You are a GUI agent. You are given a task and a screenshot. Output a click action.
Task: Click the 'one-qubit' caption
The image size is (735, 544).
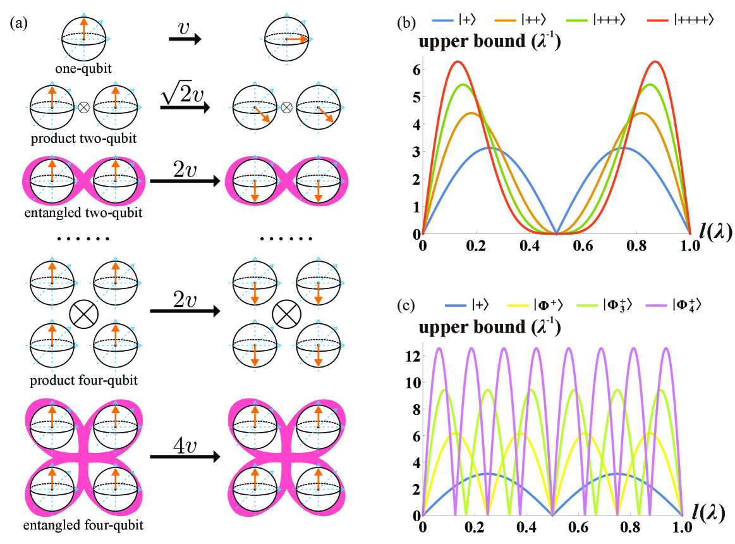click(83, 67)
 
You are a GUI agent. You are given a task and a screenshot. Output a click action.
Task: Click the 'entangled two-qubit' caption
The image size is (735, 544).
click(85, 213)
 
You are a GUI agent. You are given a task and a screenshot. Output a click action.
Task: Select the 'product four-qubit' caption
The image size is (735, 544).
click(85, 381)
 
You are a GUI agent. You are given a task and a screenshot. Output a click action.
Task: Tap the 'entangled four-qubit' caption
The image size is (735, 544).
click(85, 524)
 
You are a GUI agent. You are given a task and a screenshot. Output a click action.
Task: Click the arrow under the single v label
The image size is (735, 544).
click(185, 40)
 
